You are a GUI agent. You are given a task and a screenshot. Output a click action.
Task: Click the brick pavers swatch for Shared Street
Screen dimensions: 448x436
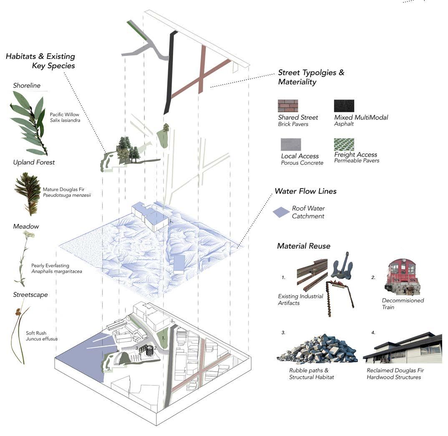(288, 106)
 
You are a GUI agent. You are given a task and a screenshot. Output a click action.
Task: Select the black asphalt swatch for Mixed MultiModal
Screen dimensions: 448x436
(344, 106)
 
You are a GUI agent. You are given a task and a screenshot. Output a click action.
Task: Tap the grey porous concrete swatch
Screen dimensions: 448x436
(291, 144)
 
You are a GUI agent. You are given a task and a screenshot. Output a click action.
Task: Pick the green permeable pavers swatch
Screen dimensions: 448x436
(344, 144)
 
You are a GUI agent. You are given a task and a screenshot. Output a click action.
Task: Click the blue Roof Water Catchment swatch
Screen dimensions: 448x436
(281, 212)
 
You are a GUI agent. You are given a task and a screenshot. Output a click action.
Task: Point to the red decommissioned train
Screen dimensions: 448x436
(402, 276)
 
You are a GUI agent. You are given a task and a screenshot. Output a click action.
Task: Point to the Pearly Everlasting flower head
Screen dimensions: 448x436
(29, 235)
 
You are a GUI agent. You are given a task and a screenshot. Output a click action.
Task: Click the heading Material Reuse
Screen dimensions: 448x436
(304, 246)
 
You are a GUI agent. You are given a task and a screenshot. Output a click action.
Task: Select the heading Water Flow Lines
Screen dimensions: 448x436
(305, 191)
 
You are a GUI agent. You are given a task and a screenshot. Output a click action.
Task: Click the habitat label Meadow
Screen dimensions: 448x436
(26, 226)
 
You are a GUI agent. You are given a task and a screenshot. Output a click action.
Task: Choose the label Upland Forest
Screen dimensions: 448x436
(34, 162)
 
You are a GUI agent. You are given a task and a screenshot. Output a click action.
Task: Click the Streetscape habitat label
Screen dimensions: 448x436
(30, 294)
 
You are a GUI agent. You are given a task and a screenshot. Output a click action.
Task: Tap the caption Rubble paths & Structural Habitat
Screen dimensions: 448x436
(311, 374)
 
